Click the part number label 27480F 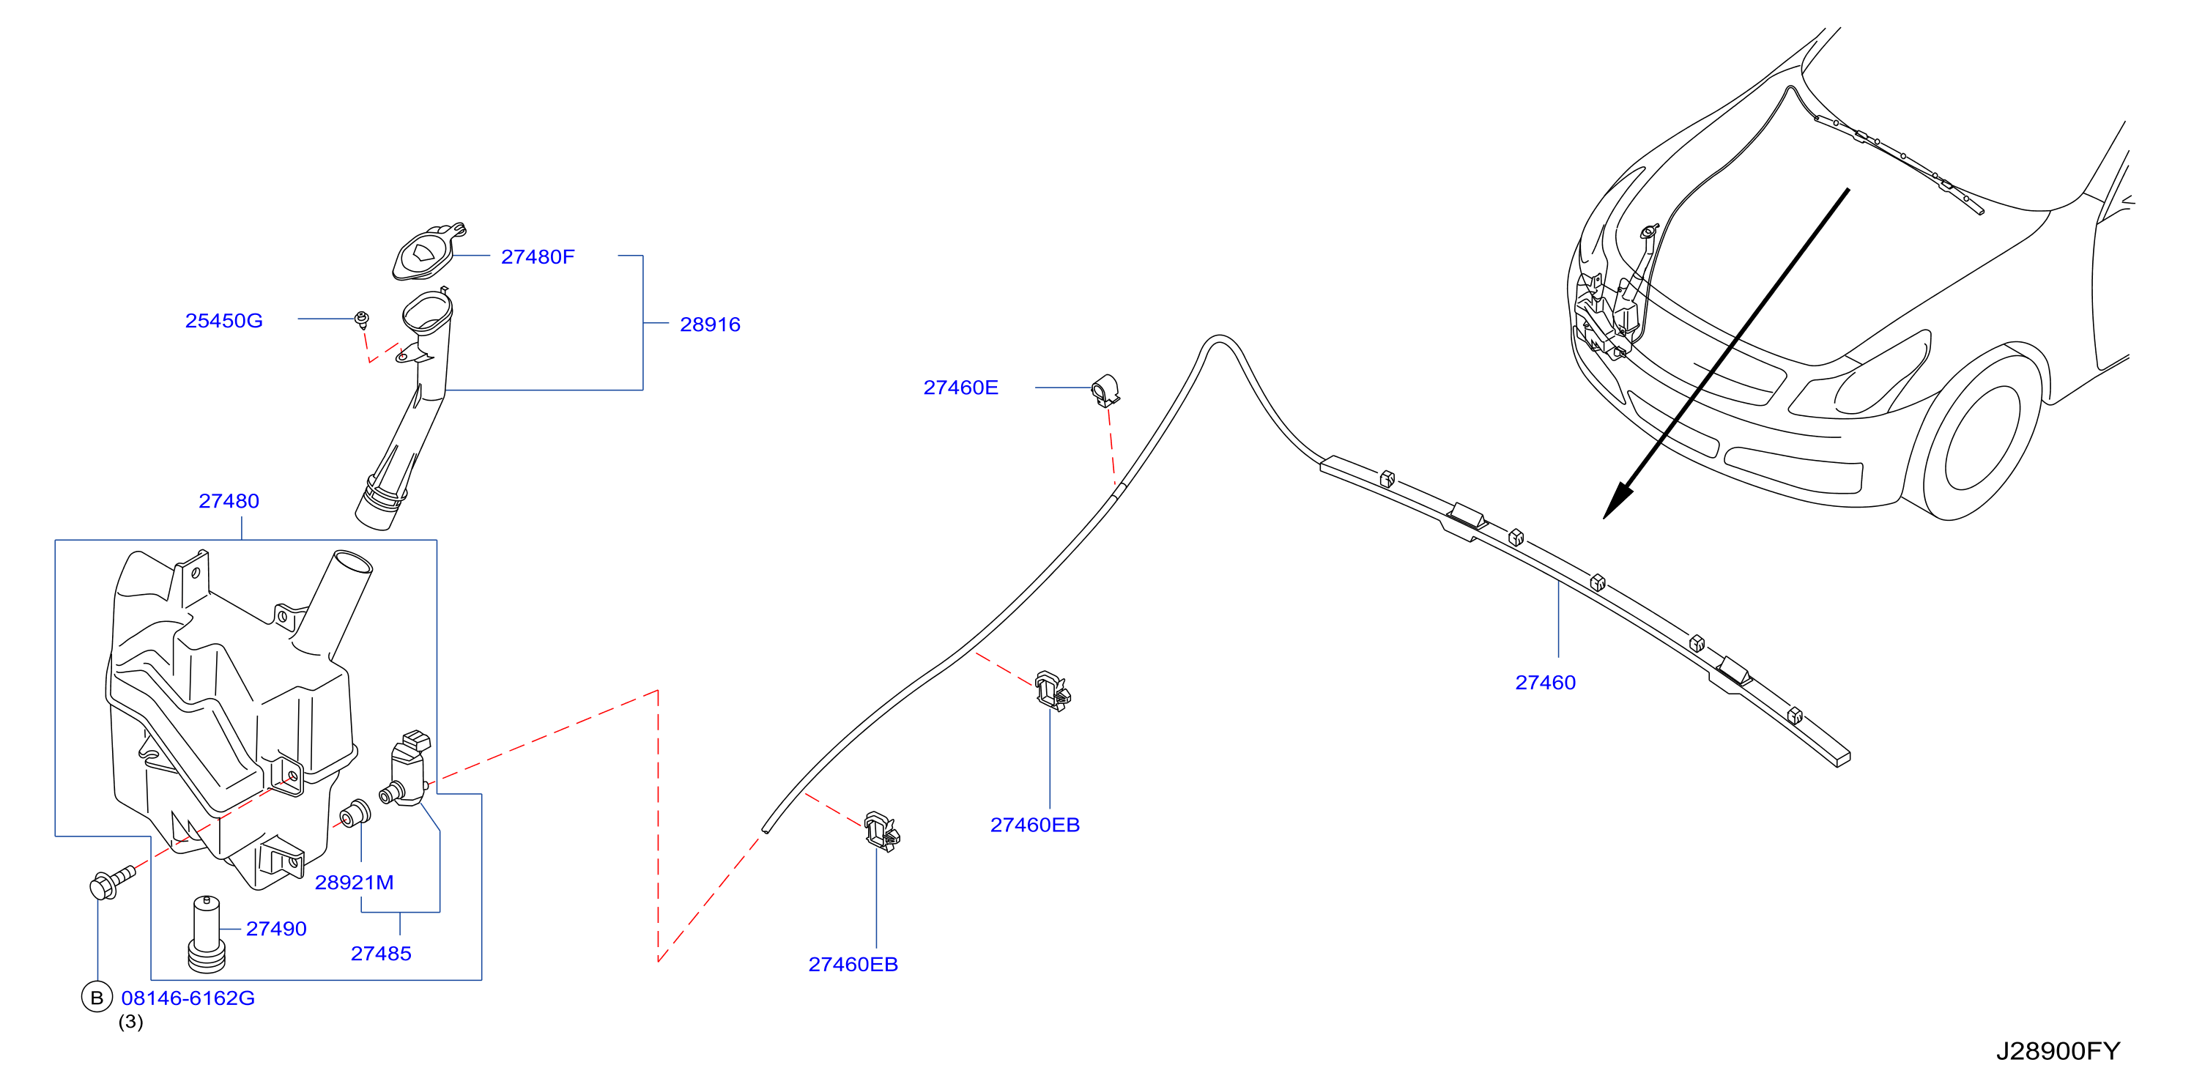538,257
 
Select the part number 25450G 223,321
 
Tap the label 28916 710,324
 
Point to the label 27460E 960,387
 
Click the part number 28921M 355,883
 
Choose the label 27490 275,929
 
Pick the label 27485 381,954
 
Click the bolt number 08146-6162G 188,998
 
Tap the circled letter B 97,997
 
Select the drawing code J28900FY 2058,1051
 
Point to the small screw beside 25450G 363,320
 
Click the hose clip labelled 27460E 1106,390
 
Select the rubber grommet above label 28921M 355,813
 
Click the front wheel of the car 1982,436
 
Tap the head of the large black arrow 1617,502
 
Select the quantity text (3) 130,1022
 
